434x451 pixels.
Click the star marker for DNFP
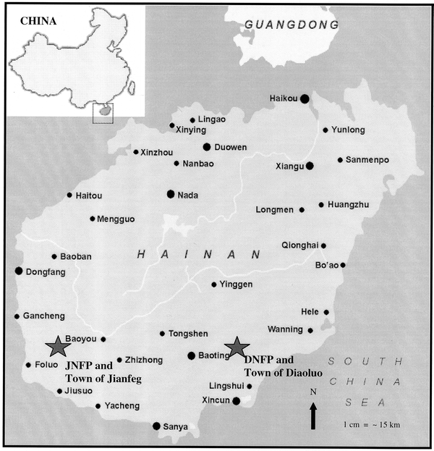tap(236, 347)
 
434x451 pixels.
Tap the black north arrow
tap(312, 416)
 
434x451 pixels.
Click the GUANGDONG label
tap(292, 25)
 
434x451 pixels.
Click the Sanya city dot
tap(156, 426)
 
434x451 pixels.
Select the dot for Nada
tap(171, 193)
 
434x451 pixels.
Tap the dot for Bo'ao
tap(343, 265)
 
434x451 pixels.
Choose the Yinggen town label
tap(237, 284)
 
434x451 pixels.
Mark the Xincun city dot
tap(236, 400)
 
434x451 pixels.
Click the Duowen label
tap(231, 147)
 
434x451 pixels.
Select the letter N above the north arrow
tap(312, 392)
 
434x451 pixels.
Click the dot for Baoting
tap(191, 355)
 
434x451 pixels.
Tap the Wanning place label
tap(285, 329)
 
